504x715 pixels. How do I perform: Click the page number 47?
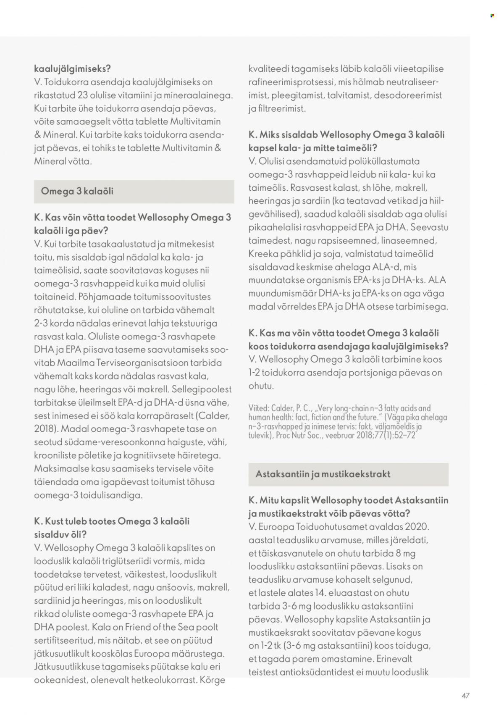point(465,695)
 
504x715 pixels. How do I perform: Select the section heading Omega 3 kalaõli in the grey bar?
point(77,192)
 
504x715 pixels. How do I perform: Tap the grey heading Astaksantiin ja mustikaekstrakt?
point(323,474)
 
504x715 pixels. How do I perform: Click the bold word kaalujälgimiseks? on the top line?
point(72,68)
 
